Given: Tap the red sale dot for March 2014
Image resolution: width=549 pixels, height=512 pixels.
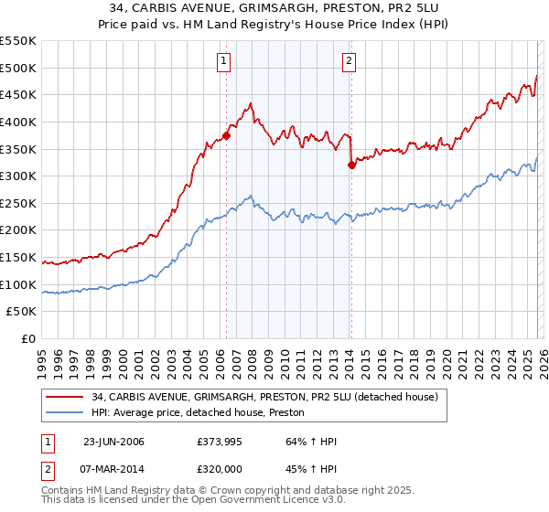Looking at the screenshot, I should [x=350, y=165].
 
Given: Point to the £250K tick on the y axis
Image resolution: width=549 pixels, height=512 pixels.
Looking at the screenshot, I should [x=19, y=203].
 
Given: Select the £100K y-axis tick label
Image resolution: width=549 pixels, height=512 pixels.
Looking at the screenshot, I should [x=19, y=284].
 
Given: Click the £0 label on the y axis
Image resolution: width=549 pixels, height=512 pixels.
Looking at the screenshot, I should [x=28, y=338].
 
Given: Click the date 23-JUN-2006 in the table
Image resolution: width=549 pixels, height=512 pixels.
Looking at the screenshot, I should [x=116, y=442].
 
